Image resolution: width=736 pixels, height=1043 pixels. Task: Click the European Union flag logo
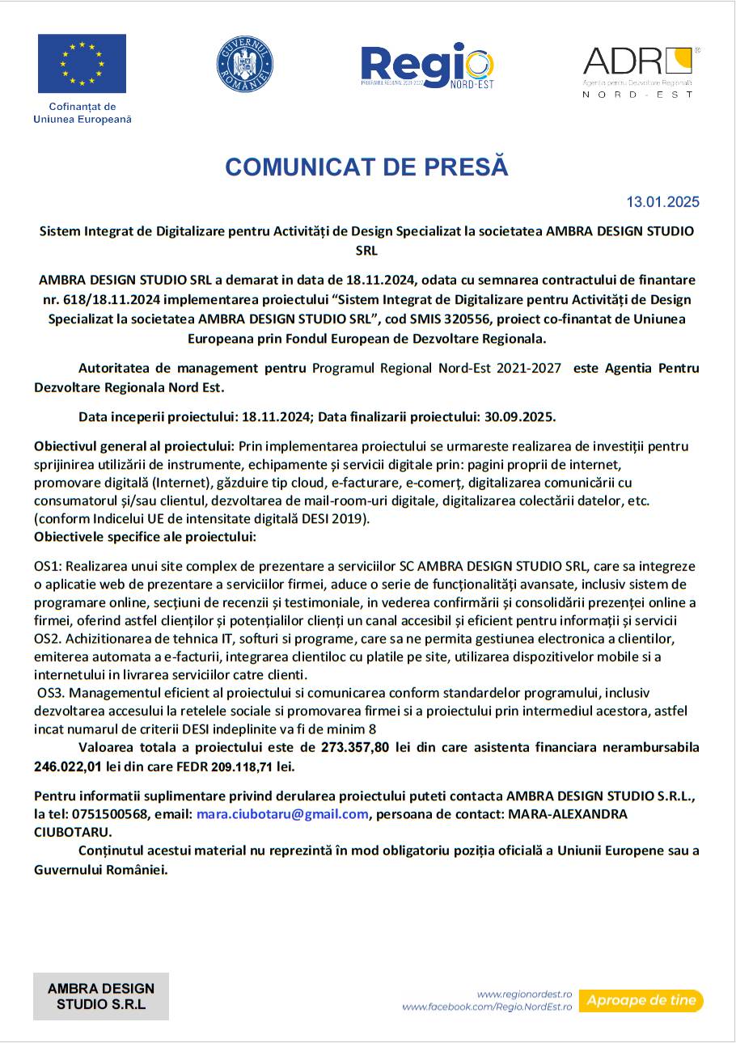pyautogui.click(x=82, y=64)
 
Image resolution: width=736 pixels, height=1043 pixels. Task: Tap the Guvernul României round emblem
pyautogui.click(x=244, y=64)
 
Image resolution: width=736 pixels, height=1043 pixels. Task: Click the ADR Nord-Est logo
pyautogui.click(x=640, y=72)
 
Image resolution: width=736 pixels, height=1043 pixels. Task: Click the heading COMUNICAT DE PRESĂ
pyautogui.click(x=366, y=167)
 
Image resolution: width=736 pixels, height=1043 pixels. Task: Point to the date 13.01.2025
pyautogui.click(x=662, y=202)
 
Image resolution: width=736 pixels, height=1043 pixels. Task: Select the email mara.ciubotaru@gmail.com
pyautogui.click(x=282, y=814)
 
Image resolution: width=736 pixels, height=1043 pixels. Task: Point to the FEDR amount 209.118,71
pyautogui.click(x=242, y=766)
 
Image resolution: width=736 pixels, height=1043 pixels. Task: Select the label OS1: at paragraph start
pyautogui.click(x=49, y=567)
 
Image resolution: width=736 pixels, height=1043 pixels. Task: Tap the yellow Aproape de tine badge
pyautogui.click(x=641, y=1001)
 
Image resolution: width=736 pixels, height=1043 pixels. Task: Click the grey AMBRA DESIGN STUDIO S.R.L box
pyautogui.click(x=101, y=996)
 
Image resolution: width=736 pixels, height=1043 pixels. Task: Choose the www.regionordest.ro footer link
pyautogui.click(x=524, y=994)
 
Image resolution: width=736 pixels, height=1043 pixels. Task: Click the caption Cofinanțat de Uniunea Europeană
pyautogui.click(x=82, y=113)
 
